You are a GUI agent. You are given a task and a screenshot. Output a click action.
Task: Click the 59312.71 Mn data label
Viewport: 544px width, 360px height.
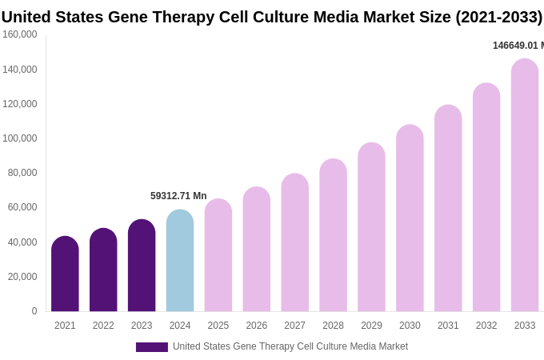(178, 196)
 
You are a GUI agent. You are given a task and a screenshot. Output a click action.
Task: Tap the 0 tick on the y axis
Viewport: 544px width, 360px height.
(34, 311)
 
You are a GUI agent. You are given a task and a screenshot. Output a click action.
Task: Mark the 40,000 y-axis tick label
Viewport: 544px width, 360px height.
(22, 242)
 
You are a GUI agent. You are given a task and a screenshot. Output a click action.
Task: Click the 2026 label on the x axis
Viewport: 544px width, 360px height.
(256, 326)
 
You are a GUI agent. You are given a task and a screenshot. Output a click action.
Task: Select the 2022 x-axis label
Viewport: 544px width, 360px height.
(103, 326)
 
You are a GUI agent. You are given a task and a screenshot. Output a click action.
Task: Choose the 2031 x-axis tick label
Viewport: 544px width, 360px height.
(448, 326)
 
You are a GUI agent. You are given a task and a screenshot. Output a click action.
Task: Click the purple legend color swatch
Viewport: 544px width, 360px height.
(152, 347)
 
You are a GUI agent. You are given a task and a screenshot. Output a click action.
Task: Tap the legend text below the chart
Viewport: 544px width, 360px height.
(290, 346)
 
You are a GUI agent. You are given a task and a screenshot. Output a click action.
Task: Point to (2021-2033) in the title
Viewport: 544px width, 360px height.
(498, 17)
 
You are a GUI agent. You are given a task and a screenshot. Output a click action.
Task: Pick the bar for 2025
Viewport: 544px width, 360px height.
(218, 255)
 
